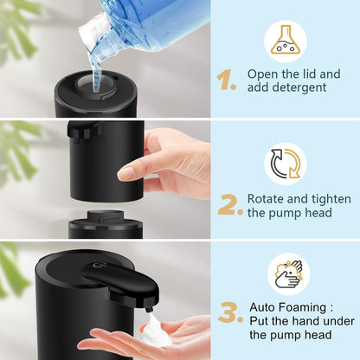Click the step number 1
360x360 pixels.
click(227, 80)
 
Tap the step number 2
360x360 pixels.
click(229, 205)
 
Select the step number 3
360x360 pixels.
click(229, 312)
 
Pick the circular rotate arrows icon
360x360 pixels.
click(286, 164)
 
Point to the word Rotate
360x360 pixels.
click(267, 197)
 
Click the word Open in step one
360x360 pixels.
click(262, 74)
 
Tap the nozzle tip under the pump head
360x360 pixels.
click(148, 305)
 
